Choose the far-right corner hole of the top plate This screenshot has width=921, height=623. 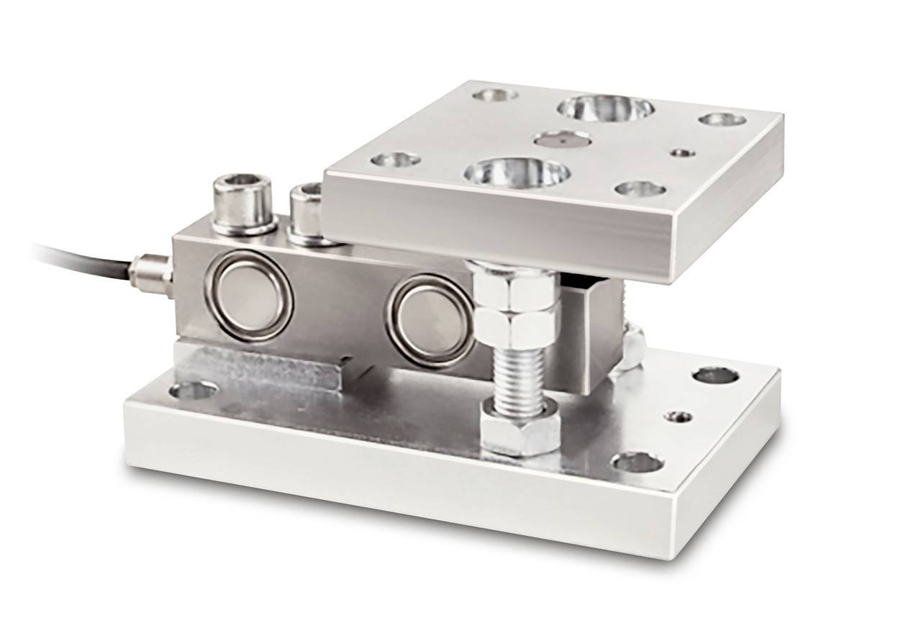click(x=722, y=118)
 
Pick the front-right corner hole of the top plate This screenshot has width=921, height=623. click(x=640, y=189)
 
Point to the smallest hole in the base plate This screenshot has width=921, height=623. click(x=680, y=417)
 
